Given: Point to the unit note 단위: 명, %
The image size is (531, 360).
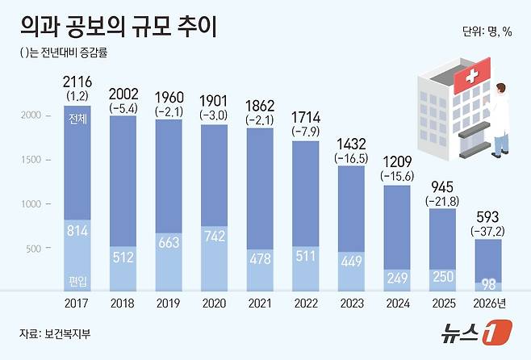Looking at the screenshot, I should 487,31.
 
